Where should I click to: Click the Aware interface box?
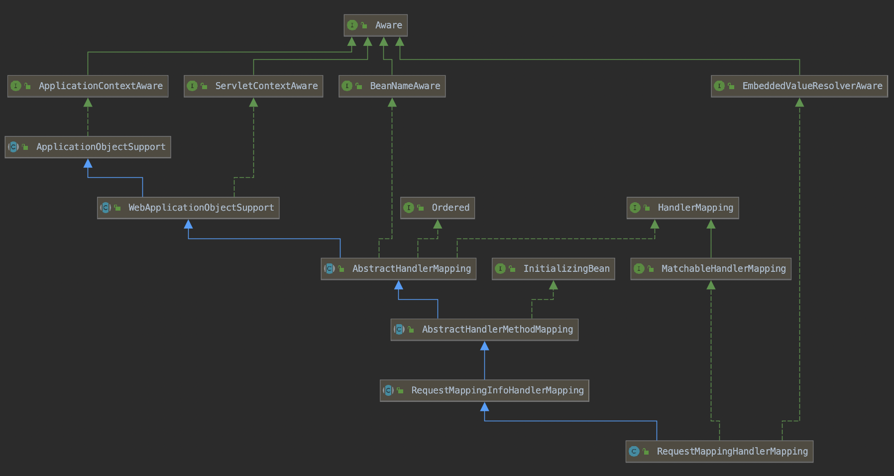375,25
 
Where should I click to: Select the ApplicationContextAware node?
88,86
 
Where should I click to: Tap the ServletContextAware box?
253,86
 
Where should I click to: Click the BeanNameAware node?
392,86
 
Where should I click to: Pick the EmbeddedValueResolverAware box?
799,86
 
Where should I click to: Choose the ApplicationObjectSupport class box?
88,147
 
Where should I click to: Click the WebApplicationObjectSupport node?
188,208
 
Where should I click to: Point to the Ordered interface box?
437,208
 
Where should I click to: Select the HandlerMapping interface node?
682,208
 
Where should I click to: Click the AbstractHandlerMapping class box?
398,269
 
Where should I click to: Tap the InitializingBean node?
553,269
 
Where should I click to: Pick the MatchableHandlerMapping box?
710,269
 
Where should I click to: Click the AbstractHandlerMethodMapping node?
484,330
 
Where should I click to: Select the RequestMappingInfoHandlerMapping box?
484,390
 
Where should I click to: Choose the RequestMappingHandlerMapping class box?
719,452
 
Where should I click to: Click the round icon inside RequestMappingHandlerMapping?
634,452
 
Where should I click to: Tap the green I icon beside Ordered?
409,208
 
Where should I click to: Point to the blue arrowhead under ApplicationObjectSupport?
88,163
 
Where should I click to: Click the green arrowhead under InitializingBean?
553,285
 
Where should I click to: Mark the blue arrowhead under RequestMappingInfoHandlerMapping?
484,407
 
